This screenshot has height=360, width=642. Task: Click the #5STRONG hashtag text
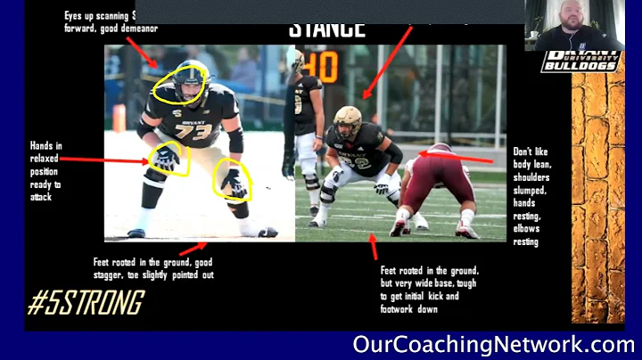click(x=85, y=303)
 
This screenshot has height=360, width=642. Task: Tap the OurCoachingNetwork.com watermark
click(x=493, y=344)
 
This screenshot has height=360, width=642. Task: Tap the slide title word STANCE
click(x=327, y=29)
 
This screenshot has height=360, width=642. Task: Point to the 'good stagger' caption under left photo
click(x=153, y=268)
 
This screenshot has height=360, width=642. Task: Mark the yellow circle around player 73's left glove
click(x=235, y=182)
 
